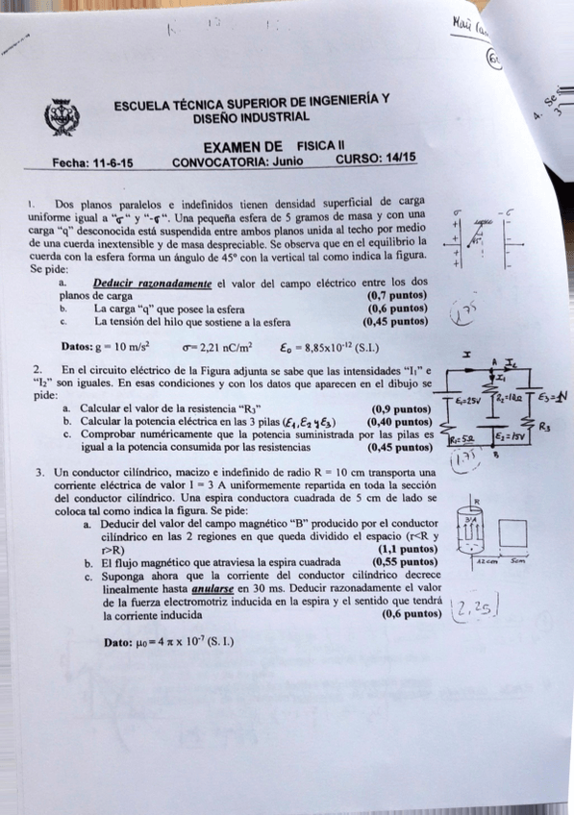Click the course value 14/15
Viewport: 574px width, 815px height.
(397, 159)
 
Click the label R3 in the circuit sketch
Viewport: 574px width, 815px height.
(545, 426)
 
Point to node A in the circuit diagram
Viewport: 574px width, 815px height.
(493, 361)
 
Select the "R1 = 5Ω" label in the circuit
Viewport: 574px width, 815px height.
(462, 440)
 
